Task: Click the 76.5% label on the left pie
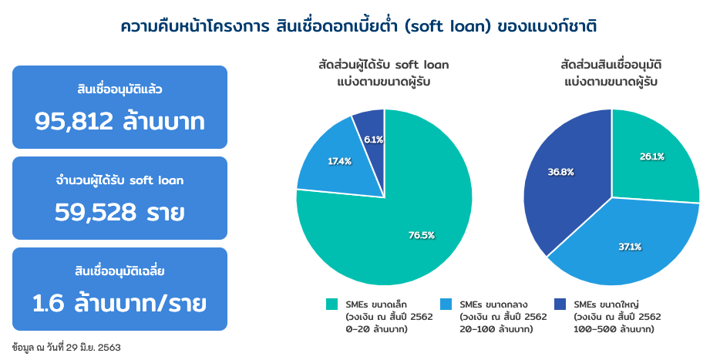(421, 235)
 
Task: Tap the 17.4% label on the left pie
(340, 161)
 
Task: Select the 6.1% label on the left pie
(374, 140)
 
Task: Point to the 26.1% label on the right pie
(652, 156)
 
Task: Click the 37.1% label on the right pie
(630, 247)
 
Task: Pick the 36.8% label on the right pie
(560, 172)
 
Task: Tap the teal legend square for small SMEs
(332, 304)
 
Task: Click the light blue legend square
(446, 304)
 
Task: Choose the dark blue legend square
(560, 304)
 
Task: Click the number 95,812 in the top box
(74, 121)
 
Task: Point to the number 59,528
(95, 212)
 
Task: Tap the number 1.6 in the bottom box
(49, 304)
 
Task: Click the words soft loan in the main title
(447, 27)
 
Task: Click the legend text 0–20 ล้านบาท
(376, 329)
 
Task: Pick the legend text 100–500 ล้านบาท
(614, 329)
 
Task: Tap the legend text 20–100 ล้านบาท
(496, 329)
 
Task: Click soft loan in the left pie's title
(422, 65)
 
